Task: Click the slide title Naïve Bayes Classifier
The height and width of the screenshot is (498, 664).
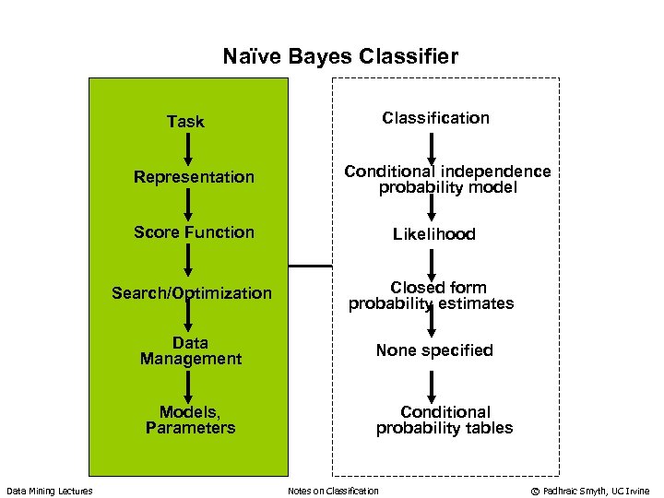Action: (x=340, y=57)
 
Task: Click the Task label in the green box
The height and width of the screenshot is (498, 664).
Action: (x=185, y=122)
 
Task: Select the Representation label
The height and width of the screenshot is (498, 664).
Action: (x=194, y=177)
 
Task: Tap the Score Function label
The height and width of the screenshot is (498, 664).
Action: (x=194, y=232)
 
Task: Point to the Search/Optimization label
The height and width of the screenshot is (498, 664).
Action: (x=192, y=293)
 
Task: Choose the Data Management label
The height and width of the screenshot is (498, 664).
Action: (x=190, y=351)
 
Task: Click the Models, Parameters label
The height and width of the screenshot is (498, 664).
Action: (x=190, y=420)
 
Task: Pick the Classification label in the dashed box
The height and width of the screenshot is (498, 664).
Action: (x=435, y=118)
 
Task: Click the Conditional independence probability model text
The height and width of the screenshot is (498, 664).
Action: (x=447, y=180)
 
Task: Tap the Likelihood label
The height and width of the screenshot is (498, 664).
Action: (x=433, y=234)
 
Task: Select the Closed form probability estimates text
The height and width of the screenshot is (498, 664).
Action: (x=431, y=296)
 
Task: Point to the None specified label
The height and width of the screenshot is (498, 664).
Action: (x=433, y=350)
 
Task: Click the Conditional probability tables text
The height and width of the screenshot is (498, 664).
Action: (x=444, y=420)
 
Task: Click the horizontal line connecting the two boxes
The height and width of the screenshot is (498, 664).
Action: (x=310, y=266)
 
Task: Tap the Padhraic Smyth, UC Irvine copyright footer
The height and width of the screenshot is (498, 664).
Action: (x=589, y=491)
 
